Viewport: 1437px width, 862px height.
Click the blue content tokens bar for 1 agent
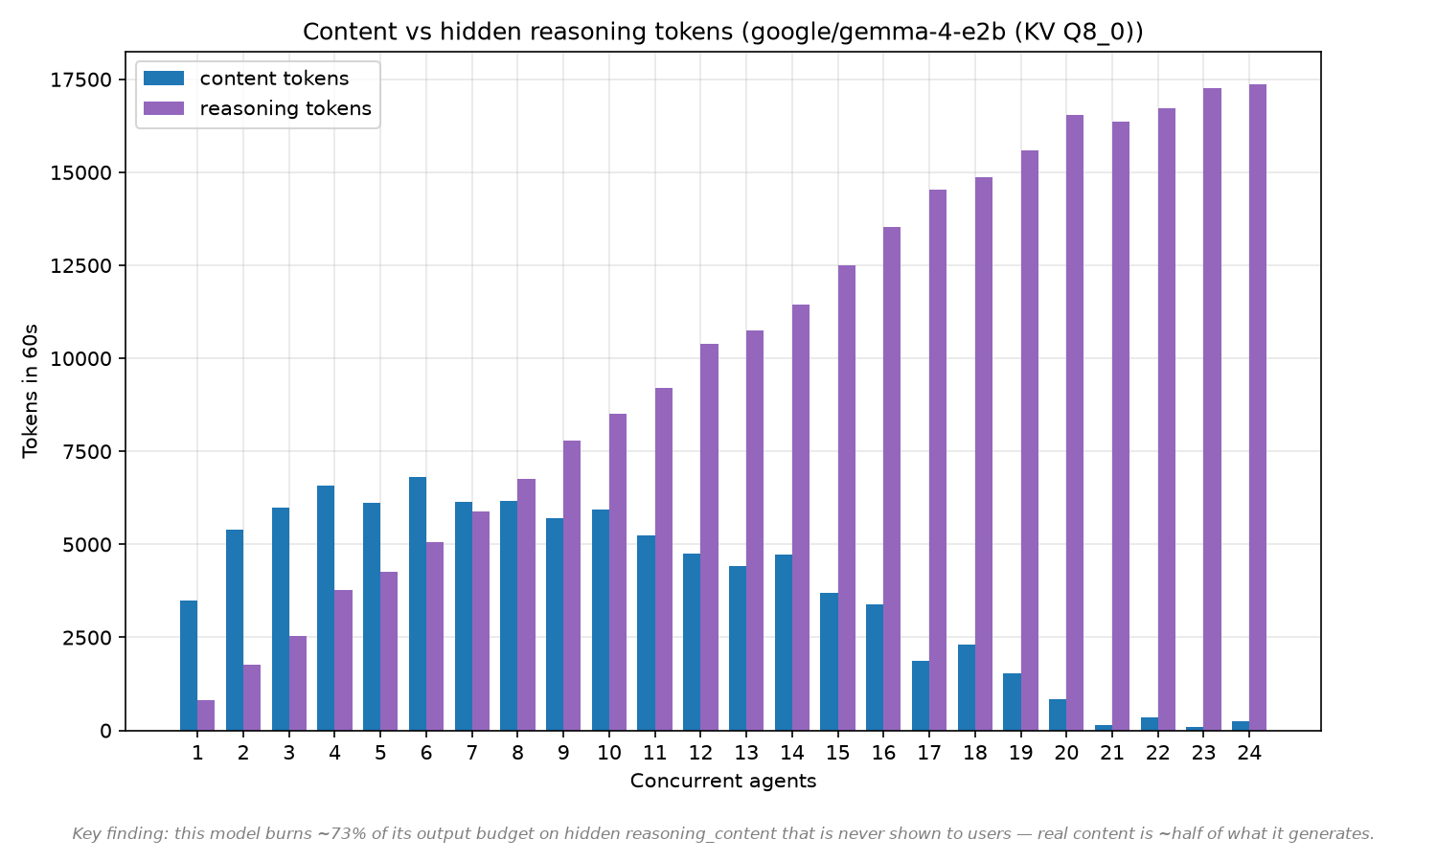pos(189,666)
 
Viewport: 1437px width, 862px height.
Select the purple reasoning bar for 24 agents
pos(1258,407)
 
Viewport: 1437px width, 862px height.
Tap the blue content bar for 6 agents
pos(418,603)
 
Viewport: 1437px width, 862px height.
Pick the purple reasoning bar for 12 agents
pos(710,537)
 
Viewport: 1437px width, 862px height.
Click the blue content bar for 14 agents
pos(784,643)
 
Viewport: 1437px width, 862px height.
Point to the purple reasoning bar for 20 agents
pos(1075,422)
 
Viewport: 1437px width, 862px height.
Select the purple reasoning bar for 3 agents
pos(298,683)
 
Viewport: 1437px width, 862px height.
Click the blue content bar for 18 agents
pos(967,688)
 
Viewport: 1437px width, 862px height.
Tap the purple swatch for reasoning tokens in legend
pos(164,108)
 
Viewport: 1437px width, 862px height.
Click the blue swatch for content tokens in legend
pos(164,79)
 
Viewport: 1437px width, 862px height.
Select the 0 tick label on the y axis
pos(105,731)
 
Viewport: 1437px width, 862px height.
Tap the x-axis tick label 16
pos(883,752)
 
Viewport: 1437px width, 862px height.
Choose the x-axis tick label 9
pos(563,752)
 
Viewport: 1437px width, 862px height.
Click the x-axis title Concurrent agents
pos(723,781)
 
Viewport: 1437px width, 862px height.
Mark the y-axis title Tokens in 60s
pos(30,391)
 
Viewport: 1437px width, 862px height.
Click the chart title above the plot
pos(723,32)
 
